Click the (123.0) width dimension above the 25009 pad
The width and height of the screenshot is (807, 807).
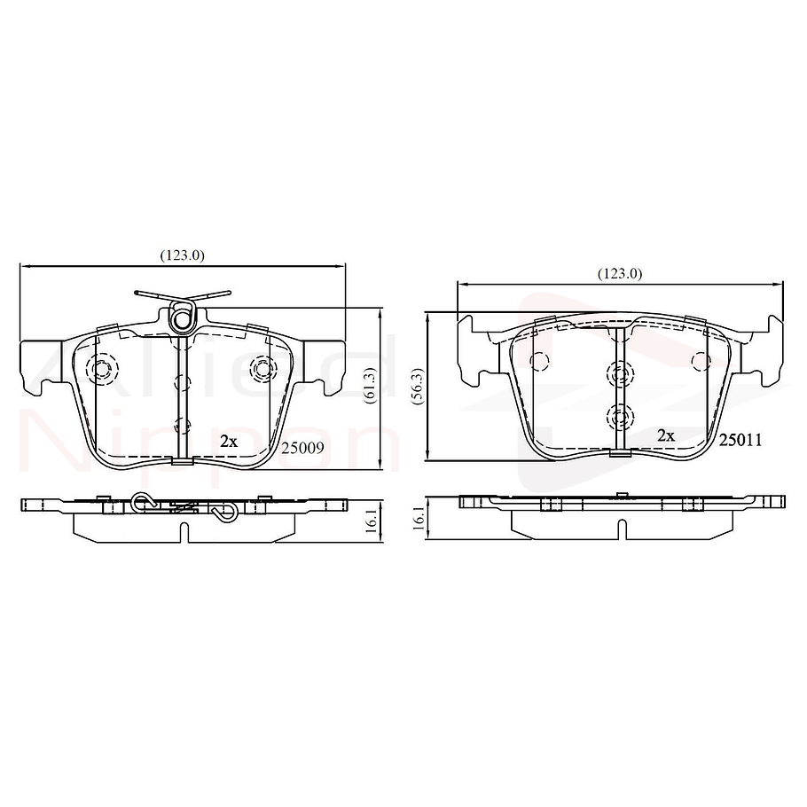(183, 255)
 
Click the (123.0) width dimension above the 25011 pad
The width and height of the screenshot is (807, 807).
(619, 273)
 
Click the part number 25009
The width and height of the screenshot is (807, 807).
(302, 449)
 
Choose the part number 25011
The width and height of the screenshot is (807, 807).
(740, 439)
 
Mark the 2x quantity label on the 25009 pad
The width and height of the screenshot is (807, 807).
(229, 440)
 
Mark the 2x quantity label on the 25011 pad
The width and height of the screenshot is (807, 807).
(666, 435)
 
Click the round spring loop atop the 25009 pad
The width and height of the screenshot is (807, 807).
(183, 315)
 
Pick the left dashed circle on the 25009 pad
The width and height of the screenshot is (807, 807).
(101, 368)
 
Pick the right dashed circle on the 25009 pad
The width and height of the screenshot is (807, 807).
(262, 367)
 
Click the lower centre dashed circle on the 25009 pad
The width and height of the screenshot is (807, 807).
(182, 426)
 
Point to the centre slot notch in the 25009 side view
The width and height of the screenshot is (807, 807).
(182, 530)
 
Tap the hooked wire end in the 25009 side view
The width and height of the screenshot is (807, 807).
(226, 511)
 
